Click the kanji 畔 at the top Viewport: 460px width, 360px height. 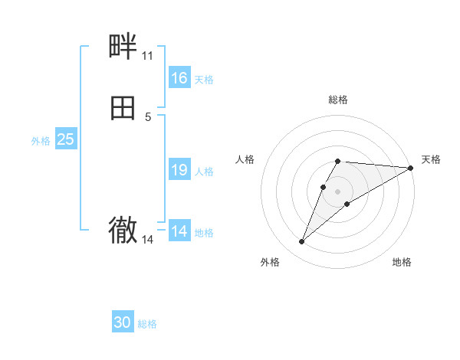[123, 47]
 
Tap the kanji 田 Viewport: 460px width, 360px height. [123, 109]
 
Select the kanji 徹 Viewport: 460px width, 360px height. [123, 231]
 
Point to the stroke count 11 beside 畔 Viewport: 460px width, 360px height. [147, 56]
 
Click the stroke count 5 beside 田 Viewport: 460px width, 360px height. [148, 117]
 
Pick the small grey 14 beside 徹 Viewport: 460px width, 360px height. [147, 240]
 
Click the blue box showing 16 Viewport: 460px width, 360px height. [179, 78]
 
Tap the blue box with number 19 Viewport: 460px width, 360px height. [179, 170]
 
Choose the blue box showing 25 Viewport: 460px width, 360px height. [65, 139]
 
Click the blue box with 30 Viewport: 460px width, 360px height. [123, 322]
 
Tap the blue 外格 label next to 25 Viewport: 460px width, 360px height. [41, 140]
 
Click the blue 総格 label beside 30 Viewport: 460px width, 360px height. [147, 324]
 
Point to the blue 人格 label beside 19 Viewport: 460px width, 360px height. [205, 171]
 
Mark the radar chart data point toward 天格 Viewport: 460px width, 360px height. [411, 168]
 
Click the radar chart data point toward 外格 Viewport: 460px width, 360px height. [301, 242]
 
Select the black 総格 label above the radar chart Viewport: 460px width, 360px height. [338, 100]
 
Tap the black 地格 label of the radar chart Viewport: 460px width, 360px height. [402, 263]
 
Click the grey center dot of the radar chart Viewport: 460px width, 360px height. [338, 191]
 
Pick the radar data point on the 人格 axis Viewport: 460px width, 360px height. [324, 186]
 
